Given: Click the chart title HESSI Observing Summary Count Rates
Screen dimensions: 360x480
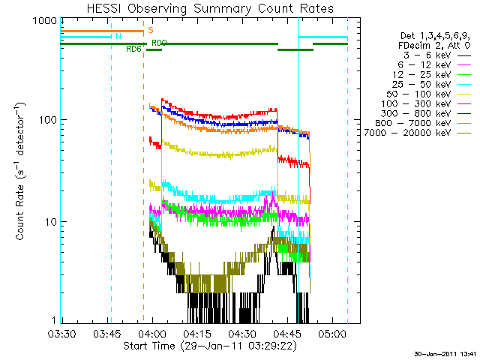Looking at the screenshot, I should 209,9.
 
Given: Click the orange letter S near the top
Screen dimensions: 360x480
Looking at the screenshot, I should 151,31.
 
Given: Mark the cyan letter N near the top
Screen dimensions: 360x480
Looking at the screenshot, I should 118,36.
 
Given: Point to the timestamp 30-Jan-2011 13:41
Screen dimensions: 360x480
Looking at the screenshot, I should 443,353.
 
